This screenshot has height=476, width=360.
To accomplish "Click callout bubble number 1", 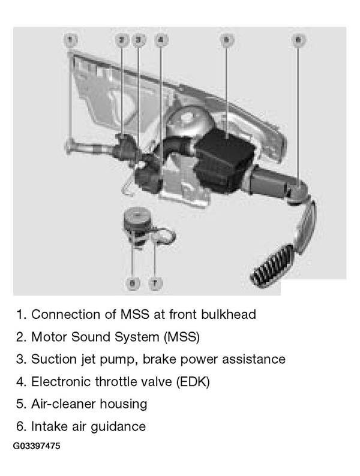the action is pos(70,40).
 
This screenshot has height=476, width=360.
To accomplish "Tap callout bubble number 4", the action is pos(161,40).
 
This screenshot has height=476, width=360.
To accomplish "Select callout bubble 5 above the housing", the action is pos(226,40).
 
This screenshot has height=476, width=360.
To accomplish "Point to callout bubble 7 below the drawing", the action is pos(155,283).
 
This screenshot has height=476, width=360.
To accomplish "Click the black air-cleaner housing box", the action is pos(224,161).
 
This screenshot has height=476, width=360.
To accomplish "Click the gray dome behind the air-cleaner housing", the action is pos(188,122).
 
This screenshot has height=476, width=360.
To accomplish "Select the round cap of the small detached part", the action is pos(137,216).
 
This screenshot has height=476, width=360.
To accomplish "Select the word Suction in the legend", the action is pos(54,359).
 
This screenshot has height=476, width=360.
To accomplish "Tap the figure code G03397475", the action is pos(37,446).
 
